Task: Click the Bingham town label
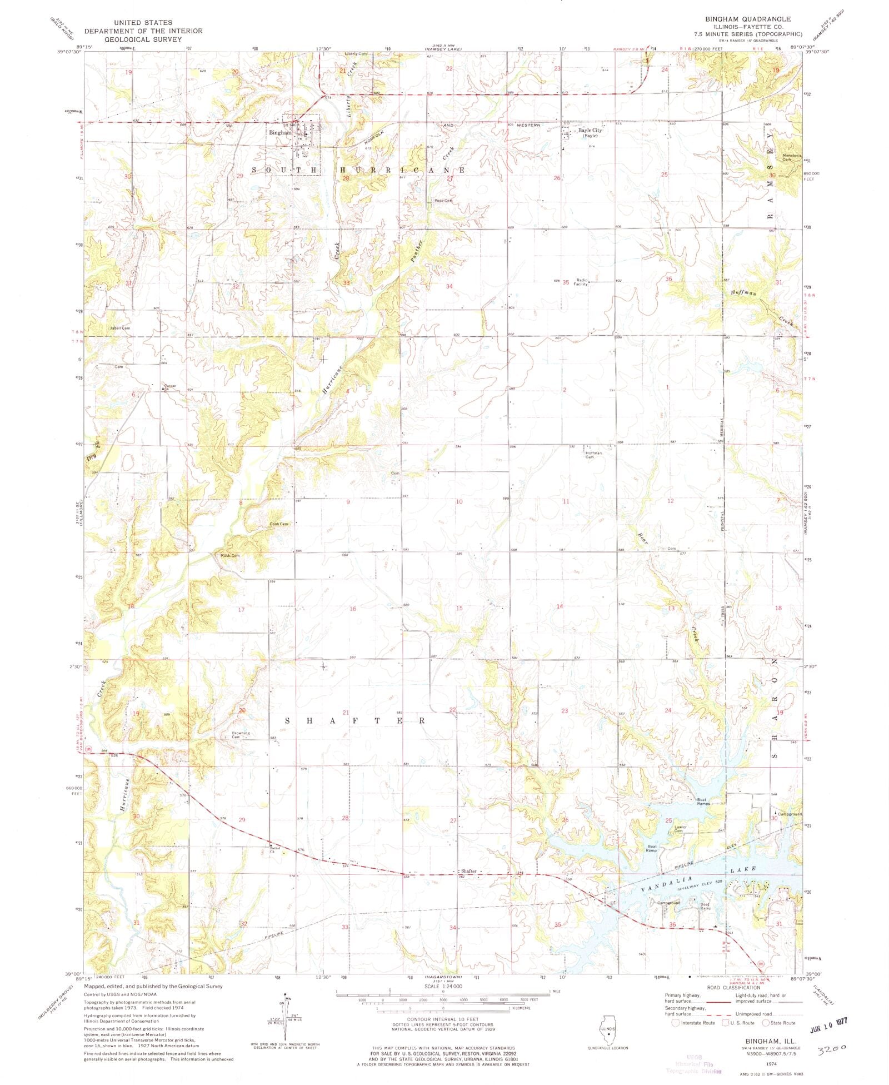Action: pyautogui.click(x=279, y=133)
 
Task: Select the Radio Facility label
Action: pyautogui.click(x=582, y=282)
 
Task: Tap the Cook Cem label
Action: pyautogui.click(x=279, y=524)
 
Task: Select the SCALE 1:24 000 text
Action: pyautogui.click(x=443, y=986)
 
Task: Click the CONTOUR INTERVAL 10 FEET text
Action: pyautogui.click(x=442, y=1016)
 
